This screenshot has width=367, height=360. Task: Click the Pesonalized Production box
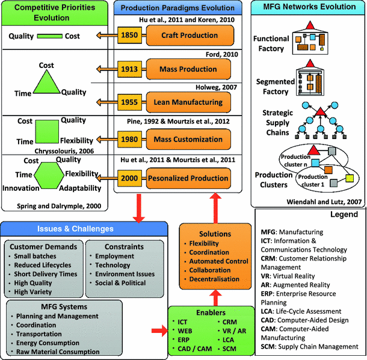(x=196, y=178)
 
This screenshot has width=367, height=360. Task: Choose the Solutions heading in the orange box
(x=215, y=234)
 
